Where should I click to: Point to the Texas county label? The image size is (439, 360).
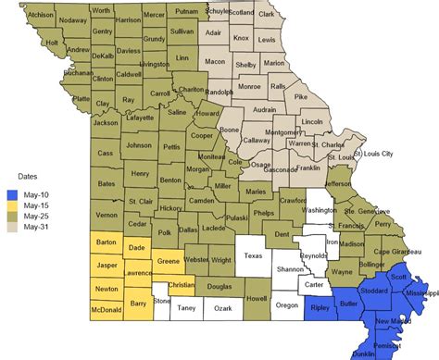click(x=253, y=256)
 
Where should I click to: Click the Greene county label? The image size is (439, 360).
click(x=169, y=262)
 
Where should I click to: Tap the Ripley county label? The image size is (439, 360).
click(x=321, y=306)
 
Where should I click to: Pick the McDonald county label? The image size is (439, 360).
click(x=110, y=309)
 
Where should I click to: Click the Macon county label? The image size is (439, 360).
click(x=214, y=61)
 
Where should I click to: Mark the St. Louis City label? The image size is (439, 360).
click(x=375, y=152)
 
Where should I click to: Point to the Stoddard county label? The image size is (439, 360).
click(x=373, y=292)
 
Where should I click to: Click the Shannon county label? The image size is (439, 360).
click(x=290, y=268)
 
